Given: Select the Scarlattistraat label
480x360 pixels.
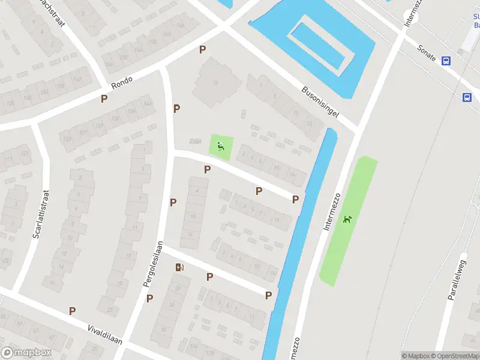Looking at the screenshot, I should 40,214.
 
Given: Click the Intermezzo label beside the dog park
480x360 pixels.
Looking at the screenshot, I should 332,211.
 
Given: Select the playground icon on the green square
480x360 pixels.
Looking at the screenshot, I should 220,145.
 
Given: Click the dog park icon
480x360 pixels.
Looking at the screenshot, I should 347,219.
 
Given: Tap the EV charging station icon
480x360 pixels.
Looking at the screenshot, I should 179,268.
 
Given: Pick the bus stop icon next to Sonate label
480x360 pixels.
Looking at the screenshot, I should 446,61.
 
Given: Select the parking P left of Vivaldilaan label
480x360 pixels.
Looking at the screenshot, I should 72,311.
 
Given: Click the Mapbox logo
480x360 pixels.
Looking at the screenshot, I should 26,353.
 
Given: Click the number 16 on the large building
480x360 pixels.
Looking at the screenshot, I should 215,82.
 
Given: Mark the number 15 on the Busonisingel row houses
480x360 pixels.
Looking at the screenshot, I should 310,124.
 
